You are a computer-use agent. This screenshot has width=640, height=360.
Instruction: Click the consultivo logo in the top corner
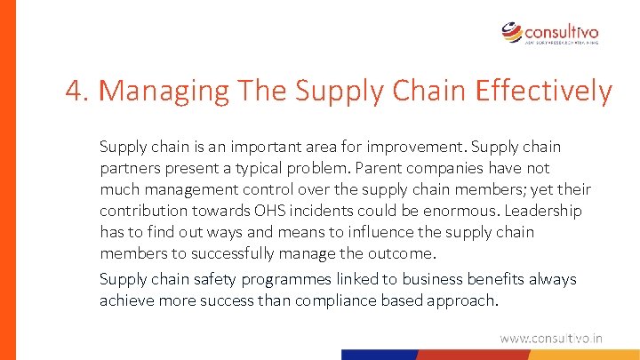coord(549,33)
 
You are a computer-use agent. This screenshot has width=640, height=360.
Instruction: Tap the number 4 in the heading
coord(74,91)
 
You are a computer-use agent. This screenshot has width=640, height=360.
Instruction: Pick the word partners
coord(128,168)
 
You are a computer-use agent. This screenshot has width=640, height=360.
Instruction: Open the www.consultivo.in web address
coord(551,338)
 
